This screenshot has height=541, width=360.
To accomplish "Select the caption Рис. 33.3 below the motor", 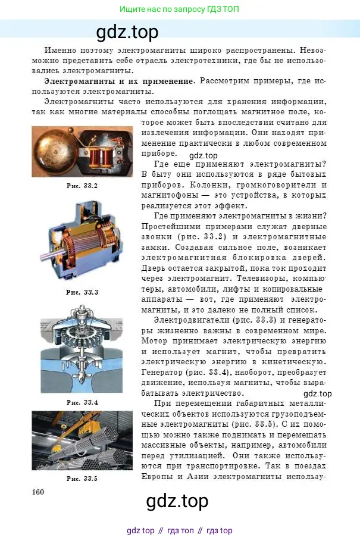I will pyautogui.click(x=83, y=292).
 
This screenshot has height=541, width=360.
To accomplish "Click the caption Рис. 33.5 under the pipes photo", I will pyautogui.click(x=83, y=478).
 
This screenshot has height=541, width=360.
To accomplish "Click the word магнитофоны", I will pyautogui.click(x=173, y=195).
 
